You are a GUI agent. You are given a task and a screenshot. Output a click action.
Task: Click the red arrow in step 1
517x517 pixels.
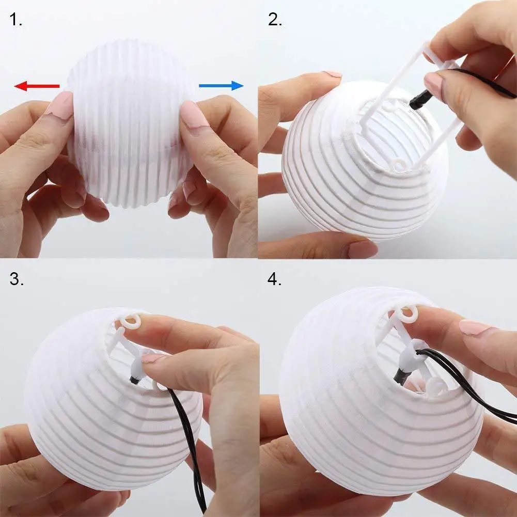point(36,86)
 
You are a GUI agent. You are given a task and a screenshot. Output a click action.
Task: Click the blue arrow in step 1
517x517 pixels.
point(221,85)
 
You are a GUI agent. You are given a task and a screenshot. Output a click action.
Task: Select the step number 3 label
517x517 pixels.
point(17,279)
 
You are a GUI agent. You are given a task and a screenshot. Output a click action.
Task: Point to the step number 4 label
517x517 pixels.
point(275,279)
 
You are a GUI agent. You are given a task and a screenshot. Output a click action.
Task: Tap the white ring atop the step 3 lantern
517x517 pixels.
point(132,321)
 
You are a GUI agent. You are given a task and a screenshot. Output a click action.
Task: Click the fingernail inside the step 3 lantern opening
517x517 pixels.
point(153,357)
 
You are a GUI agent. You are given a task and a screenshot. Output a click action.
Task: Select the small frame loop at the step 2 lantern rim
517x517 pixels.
point(399,166)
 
